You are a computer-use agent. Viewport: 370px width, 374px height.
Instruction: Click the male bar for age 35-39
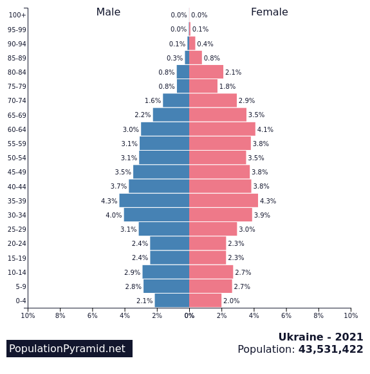[x=154, y=201]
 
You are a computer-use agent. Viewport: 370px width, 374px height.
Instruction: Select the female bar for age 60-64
[x=222, y=129]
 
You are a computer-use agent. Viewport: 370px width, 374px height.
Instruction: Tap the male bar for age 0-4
[x=172, y=301]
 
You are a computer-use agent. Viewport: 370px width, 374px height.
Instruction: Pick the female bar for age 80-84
[x=206, y=72]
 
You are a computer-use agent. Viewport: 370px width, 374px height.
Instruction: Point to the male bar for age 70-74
[x=176, y=100]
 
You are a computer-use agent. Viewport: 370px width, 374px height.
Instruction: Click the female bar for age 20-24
[x=207, y=243]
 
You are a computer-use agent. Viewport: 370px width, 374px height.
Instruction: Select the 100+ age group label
[x=17, y=15]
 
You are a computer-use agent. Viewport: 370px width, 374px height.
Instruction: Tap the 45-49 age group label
[x=17, y=173]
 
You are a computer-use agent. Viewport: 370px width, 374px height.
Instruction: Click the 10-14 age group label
[x=17, y=272]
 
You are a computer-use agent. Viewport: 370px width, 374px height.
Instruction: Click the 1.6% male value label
[x=153, y=101]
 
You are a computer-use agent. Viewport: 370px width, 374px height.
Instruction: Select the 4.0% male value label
[x=113, y=215]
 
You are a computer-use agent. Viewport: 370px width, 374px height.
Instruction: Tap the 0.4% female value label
[x=205, y=44]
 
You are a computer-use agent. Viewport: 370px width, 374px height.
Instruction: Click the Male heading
[x=108, y=12]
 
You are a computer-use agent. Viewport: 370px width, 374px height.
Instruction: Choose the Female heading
[x=269, y=12]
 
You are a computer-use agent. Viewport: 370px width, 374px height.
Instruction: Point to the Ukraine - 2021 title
[x=320, y=337]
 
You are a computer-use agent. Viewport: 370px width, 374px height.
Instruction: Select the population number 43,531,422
[x=331, y=350]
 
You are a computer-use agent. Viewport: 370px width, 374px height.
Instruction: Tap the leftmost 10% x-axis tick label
[x=28, y=315]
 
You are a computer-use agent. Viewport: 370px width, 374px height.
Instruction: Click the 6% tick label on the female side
[x=286, y=315]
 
